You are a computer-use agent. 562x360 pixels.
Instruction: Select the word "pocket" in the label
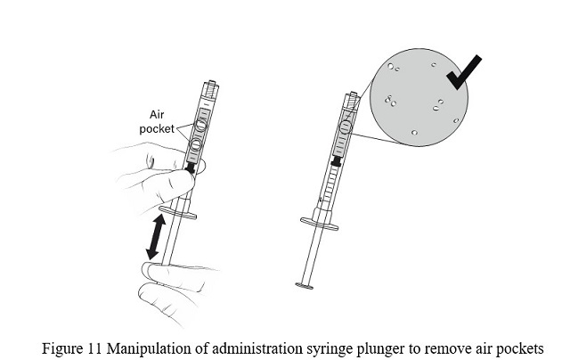pyautogui.click(x=157, y=127)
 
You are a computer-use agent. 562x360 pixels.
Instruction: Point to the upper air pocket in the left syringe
pyautogui.click(x=200, y=126)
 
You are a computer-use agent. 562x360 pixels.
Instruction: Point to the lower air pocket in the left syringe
pyautogui.click(x=194, y=145)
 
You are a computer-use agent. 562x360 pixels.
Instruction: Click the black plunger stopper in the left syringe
pyautogui.click(x=190, y=165)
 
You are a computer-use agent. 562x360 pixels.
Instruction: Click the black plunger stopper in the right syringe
pyautogui.click(x=337, y=162)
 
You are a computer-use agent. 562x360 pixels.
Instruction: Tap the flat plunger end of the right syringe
pyautogui.click(x=305, y=286)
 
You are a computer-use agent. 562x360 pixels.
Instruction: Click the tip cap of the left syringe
pyautogui.click(x=211, y=90)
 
